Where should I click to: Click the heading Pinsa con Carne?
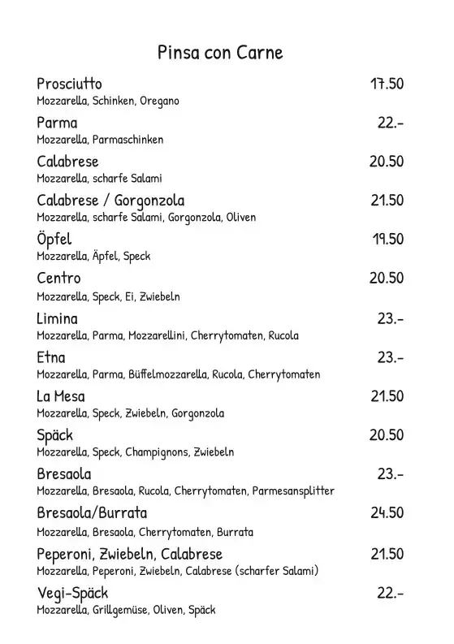220,53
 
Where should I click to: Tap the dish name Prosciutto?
69,84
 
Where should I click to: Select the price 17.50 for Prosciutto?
387,84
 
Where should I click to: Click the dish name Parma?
57,123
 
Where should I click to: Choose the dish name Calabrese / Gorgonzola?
110,201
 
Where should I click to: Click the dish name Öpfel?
54,239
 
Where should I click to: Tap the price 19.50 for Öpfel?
387,239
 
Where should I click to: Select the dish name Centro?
58,279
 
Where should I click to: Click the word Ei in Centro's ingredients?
129,296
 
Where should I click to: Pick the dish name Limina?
57,318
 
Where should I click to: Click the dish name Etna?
50,357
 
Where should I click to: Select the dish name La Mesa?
61,396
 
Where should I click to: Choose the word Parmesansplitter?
293,491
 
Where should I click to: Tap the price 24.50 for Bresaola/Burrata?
387,513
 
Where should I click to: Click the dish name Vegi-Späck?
72,593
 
